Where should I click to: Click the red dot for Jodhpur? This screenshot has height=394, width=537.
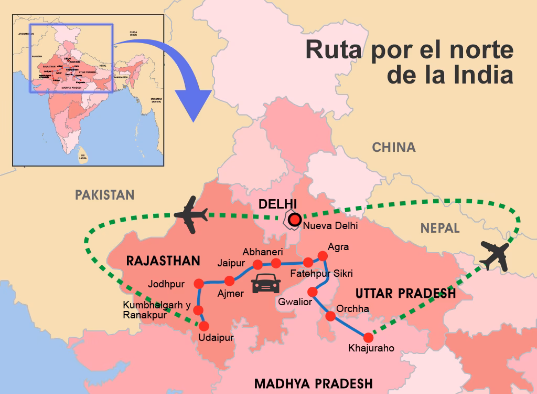point(199,284)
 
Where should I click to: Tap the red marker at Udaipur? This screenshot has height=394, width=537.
point(204,326)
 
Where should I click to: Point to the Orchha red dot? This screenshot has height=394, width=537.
point(331,316)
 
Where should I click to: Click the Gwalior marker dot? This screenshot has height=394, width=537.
point(313,292)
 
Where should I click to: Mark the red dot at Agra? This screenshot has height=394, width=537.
point(323,256)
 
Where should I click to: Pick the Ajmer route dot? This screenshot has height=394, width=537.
point(229,281)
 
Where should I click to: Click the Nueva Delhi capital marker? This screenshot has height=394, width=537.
point(295,219)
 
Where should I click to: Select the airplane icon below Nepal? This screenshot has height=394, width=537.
point(495,255)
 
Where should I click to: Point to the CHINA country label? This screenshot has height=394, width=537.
point(394,148)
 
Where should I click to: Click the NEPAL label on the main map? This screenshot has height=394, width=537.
point(440,228)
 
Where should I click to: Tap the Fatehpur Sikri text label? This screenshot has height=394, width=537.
point(322,274)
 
